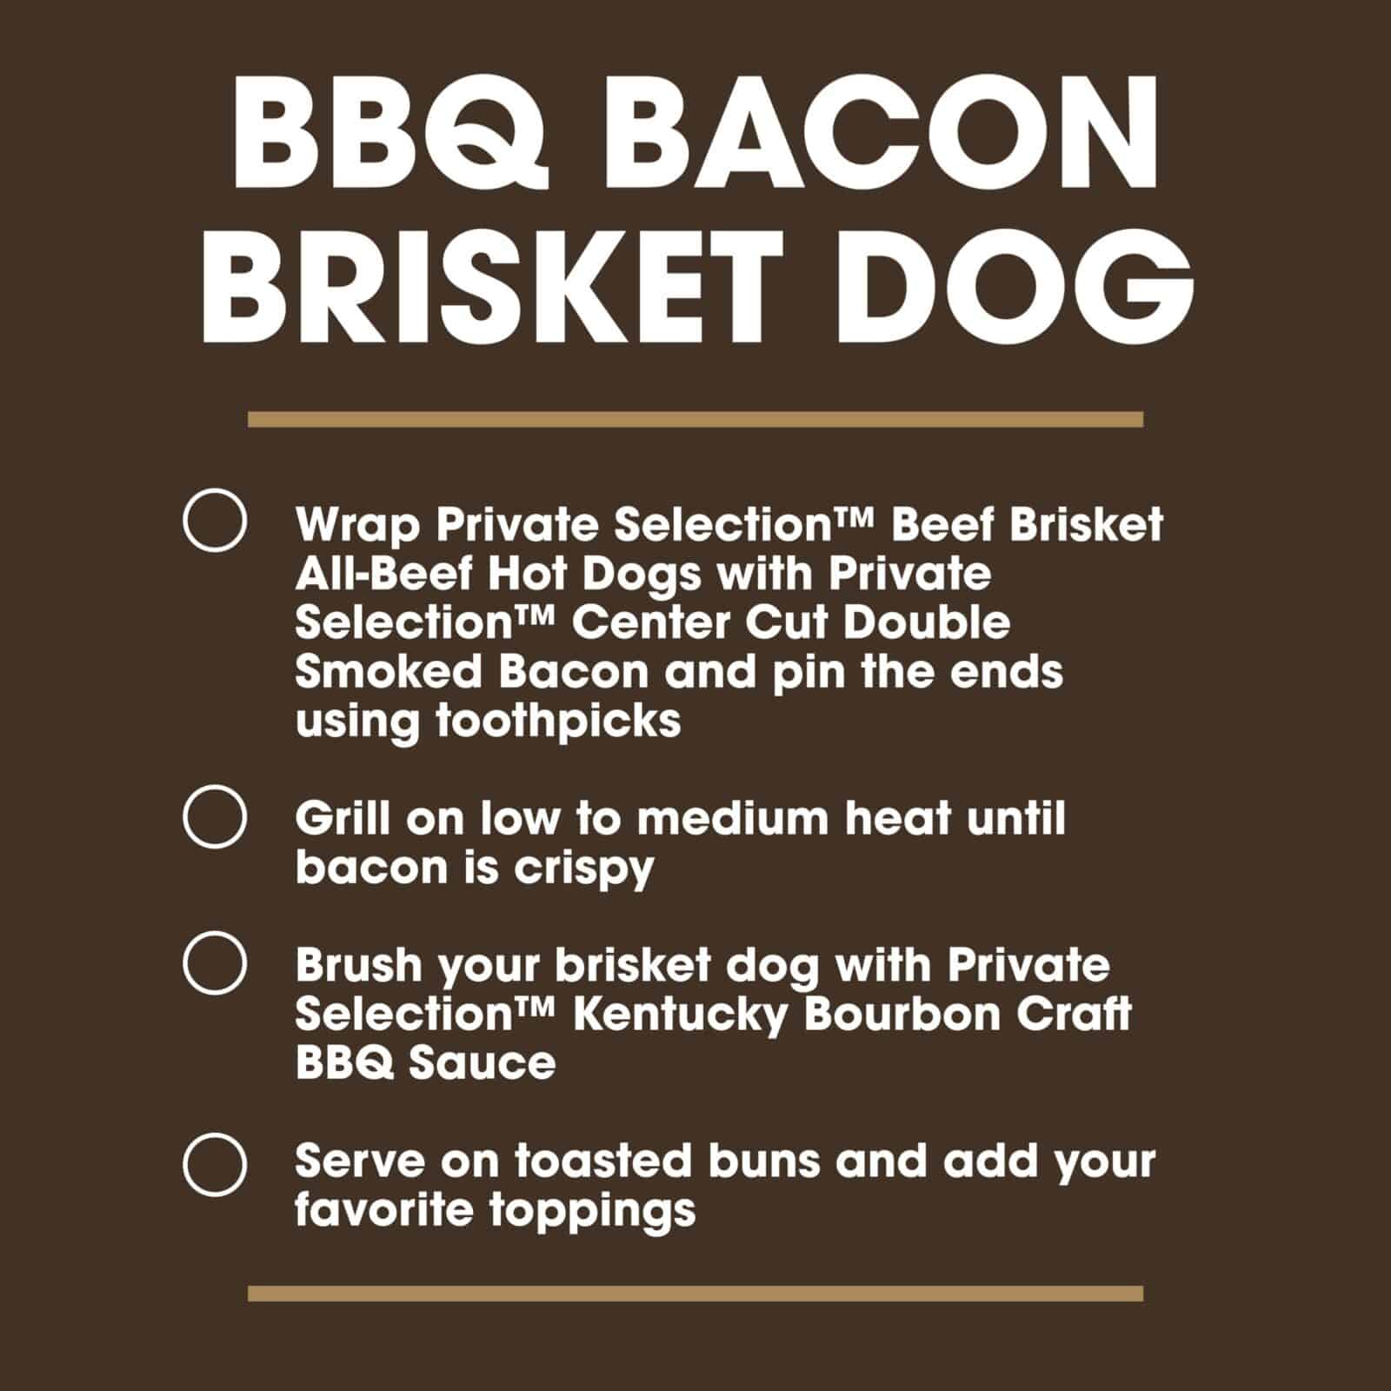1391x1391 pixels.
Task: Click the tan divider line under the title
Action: (x=695, y=420)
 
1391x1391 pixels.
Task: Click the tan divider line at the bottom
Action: (x=695, y=1294)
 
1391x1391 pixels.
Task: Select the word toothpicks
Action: (x=558, y=722)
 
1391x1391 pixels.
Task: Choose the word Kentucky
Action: (x=679, y=1015)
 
